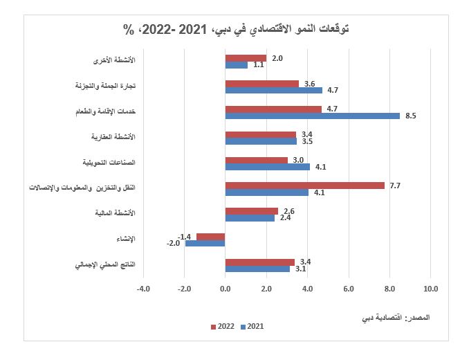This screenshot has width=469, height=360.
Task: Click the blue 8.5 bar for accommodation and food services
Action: (x=312, y=116)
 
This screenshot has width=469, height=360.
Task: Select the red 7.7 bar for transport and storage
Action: (x=304, y=186)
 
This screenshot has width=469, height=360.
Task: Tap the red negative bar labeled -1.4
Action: (x=210, y=237)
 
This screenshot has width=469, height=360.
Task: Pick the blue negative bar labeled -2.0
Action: (x=205, y=244)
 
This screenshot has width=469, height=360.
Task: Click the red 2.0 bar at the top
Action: (x=246, y=58)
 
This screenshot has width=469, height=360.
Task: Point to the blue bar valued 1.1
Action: (x=236, y=65)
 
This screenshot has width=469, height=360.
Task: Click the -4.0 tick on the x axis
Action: (x=143, y=287)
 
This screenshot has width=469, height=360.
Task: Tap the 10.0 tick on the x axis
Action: (x=430, y=287)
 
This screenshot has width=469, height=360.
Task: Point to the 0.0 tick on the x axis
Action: (x=226, y=287)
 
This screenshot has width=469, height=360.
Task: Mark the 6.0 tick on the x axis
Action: (x=349, y=287)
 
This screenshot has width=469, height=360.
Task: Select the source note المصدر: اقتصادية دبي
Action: (x=396, y=318)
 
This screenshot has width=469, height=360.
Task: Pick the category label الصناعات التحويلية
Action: (x=109, y=162)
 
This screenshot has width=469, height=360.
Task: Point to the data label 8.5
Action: (x=410, y=116)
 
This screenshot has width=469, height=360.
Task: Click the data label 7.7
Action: (x=395, y=186)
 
